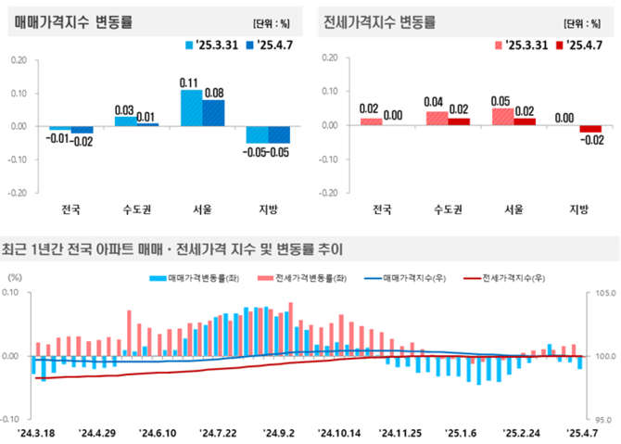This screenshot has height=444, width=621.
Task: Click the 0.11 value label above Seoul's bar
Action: click(191, 82)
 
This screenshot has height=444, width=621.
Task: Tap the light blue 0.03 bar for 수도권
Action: click(125, 121)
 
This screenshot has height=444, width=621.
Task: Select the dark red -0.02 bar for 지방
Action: click(590, 129)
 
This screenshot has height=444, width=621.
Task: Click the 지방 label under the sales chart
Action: click(268, 209)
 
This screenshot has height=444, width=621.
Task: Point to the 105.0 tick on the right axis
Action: click(602, 293)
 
